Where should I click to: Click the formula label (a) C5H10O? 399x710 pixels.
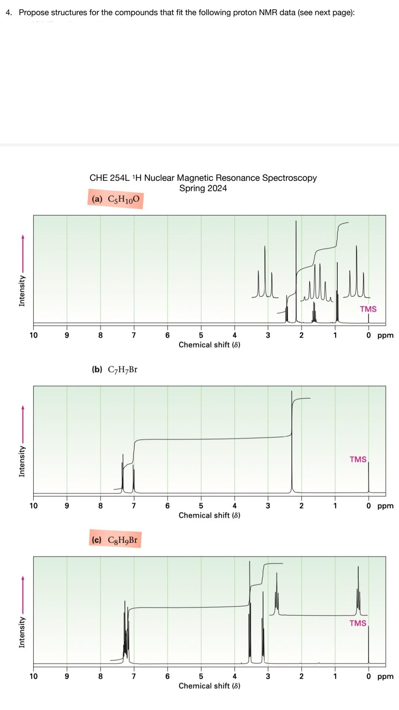coord(116,199)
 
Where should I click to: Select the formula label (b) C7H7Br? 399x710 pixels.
coord(115,369)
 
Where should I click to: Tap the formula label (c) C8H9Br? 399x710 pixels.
coord(115,540)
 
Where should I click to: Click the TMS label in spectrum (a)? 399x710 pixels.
coord(368,309)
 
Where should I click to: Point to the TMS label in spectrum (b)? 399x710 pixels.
coord(358,459)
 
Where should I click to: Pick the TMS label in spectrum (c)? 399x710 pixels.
coord(358,623)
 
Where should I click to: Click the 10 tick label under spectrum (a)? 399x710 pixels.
coord(33,335)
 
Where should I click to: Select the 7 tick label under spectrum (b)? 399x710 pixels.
coord(134,506)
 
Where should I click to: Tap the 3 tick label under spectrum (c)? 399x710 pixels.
coord(268,676)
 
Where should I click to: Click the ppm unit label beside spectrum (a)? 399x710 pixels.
coord(385,336)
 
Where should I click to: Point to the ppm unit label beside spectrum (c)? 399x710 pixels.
coord(385,677)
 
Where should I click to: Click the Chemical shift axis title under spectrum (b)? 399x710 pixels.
coord(209,515)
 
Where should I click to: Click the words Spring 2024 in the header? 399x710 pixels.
coord(203,188)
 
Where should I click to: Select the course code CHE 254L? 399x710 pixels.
coord(109,178)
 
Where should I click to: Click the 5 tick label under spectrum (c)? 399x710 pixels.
coord(201,676)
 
